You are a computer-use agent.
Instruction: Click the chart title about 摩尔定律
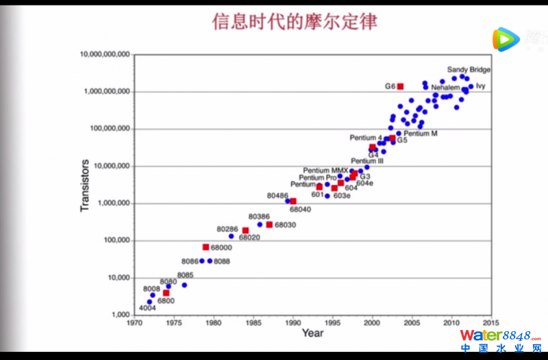(295, 22)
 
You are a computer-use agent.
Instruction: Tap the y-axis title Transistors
(85, 185)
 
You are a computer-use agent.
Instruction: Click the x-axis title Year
(312, 333)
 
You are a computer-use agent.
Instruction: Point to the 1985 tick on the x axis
(253, 322)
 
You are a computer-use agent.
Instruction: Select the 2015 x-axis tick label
(490, 322)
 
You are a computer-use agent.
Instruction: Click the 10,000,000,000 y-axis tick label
(105, 54)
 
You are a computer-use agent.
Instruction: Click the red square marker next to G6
(400, 86)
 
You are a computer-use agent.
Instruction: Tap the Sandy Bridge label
(469, 70)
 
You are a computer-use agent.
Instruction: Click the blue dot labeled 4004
(149, 302)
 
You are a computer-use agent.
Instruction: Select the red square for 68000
(206, 247)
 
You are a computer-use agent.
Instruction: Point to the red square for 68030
(269, 224)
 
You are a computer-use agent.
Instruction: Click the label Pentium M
(421, 133)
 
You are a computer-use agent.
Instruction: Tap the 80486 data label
(277, 196)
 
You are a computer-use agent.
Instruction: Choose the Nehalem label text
(445, 88)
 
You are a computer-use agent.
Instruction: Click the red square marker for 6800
(166, 293)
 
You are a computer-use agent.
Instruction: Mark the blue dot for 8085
(184, 285)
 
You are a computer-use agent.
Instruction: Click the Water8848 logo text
(495, 335)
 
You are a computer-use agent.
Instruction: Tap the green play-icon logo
(506, 40)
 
